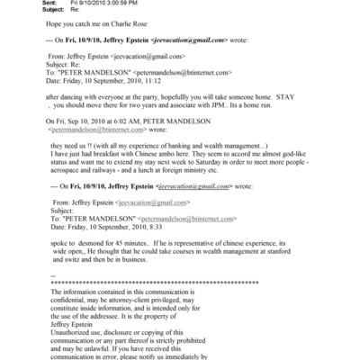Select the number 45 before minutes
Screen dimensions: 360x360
coord(116,269)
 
